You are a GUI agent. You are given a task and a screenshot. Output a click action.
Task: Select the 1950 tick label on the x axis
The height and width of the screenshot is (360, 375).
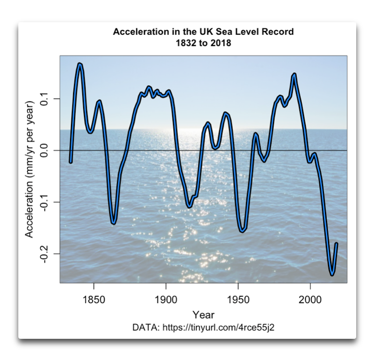click(238, 299)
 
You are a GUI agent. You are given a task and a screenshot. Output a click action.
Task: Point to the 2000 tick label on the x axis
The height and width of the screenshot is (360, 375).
click(310, 299)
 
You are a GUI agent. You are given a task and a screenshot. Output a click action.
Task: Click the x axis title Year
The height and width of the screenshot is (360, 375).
click(203, 315)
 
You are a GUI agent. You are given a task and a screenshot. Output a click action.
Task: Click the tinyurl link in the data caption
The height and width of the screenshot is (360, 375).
click(219, 328)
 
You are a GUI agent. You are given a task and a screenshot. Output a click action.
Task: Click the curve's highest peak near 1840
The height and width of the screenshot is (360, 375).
click(80, 64)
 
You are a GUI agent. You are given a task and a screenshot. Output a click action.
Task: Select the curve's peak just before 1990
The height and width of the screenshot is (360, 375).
click(294, 74)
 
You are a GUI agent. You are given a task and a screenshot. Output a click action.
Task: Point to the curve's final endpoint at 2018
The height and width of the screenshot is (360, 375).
click(336, 244)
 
